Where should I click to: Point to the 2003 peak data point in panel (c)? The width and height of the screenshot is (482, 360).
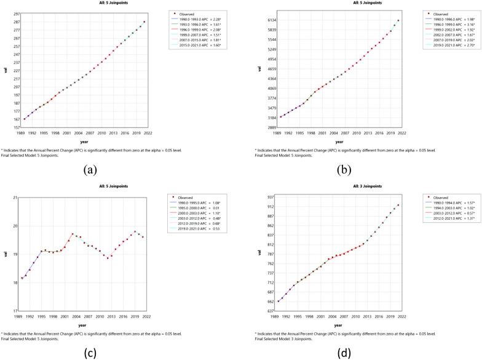tap(73, 234)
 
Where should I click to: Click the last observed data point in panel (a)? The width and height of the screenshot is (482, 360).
tap(144, 22)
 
